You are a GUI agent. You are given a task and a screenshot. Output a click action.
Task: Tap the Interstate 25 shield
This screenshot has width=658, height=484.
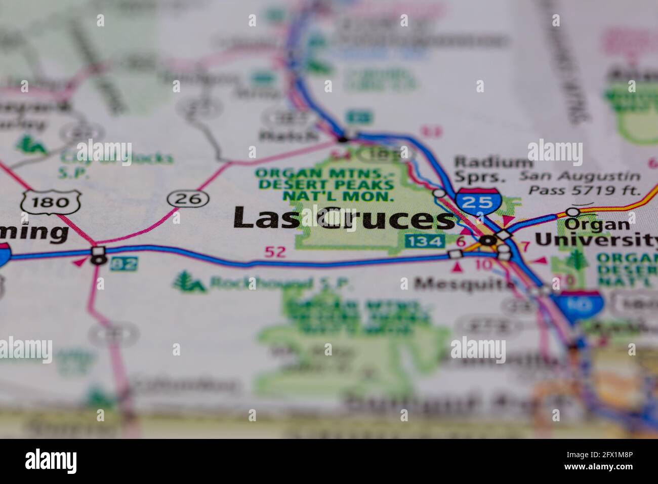pyautogui.click(x=477, y=201)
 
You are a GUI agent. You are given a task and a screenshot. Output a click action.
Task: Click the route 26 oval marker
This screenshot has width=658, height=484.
pyautogui.click(x=188, y=198)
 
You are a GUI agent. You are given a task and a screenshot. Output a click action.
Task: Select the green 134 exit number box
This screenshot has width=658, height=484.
pyautogui.click(x=425, y=241)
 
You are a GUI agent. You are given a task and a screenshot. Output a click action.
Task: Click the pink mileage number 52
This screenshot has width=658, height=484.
pyautogui.click(x=275, y=252)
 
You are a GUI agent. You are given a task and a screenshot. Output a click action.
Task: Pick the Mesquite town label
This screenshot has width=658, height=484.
pyautogui.click(x=463, y=284)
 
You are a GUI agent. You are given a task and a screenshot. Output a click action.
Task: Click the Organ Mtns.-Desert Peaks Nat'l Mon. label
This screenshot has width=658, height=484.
pyautogui.click(x=324, y=184)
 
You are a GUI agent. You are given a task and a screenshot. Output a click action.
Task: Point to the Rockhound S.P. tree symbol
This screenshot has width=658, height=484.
pyautogui.click(x=189, y=282)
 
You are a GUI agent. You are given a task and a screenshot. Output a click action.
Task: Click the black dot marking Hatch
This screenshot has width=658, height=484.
pyautogui.click(x=344, y=138)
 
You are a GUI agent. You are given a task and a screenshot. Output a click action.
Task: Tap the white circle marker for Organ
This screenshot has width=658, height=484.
pyautogui.click(x=572, y=211)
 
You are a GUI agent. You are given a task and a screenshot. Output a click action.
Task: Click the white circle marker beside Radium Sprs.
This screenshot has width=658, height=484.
pyautogui.click(x=439, y=193)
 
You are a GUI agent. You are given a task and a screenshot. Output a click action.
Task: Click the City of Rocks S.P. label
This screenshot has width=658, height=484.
pyautogui.click(x=116, y=164)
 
